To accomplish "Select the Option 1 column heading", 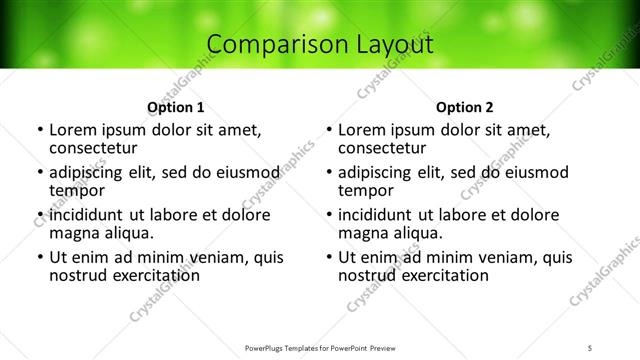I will pos(175,107).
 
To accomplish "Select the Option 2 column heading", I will pos(465,107).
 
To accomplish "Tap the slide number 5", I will pos(591,348).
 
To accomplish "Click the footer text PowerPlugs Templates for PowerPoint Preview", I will pos(320,348).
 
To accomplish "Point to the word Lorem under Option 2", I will pos(362,130).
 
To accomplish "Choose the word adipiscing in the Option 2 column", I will pos(379,172).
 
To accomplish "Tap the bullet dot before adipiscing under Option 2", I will pos(329,172).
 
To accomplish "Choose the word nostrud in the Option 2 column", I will pos(367,275).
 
